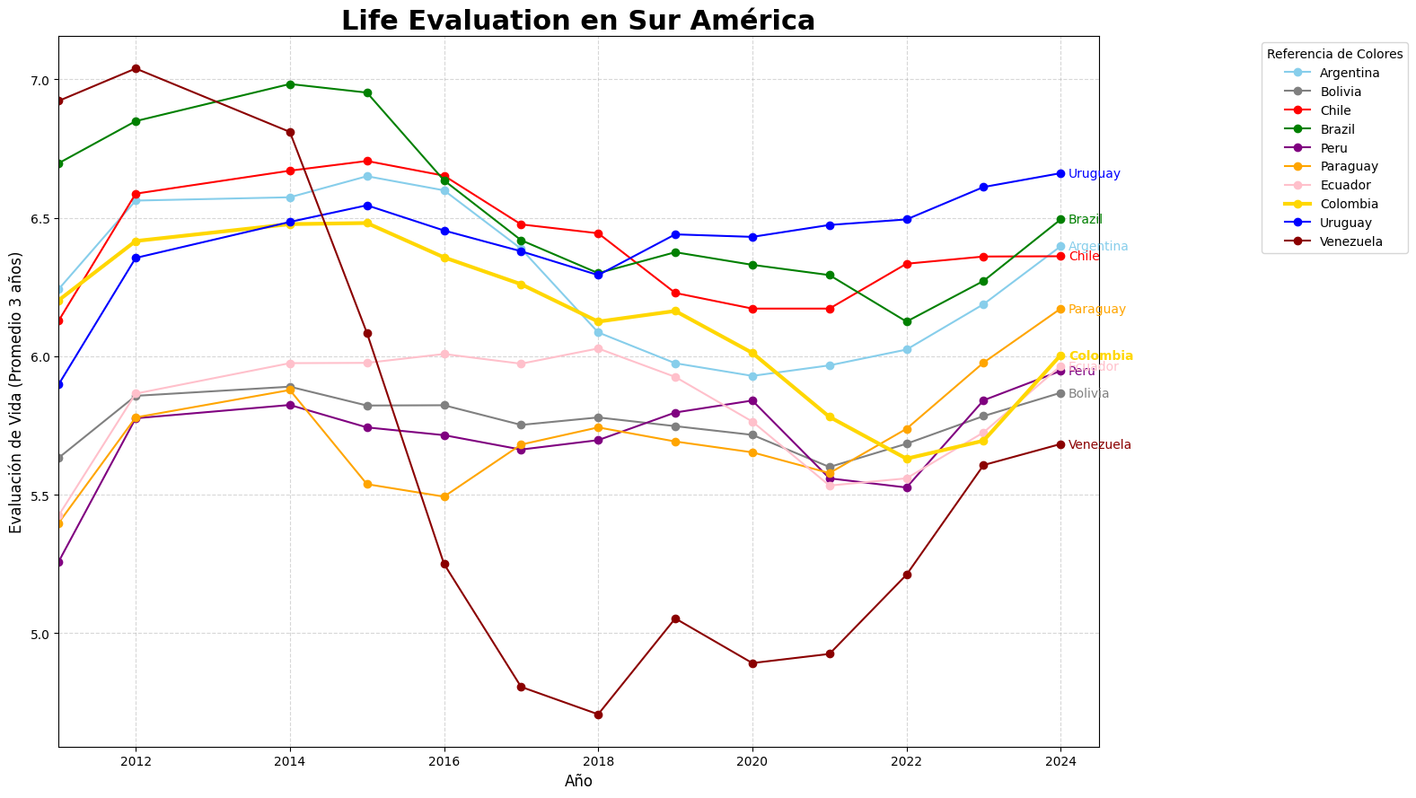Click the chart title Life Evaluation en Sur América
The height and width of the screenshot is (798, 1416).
coord(577,20)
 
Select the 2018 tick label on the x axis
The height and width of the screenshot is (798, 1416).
coord(598,761)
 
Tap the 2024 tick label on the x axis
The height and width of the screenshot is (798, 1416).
coord(1060,761)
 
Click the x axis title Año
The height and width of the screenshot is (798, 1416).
coord(578,781)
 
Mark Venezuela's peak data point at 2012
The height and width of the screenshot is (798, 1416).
coord(136,69)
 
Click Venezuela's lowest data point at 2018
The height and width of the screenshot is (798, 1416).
coord(598,715)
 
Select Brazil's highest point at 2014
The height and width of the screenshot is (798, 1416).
coord(290,84)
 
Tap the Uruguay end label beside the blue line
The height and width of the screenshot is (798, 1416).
coord(1094,174)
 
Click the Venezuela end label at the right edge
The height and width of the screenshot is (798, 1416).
coord(1099,445)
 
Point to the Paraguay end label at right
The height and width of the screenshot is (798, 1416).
coord(1096,310)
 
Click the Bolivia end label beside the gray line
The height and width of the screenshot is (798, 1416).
coord(1088,394)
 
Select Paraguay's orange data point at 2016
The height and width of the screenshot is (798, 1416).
coord(444,496)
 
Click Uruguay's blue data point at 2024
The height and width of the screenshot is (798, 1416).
coord(1060,173)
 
